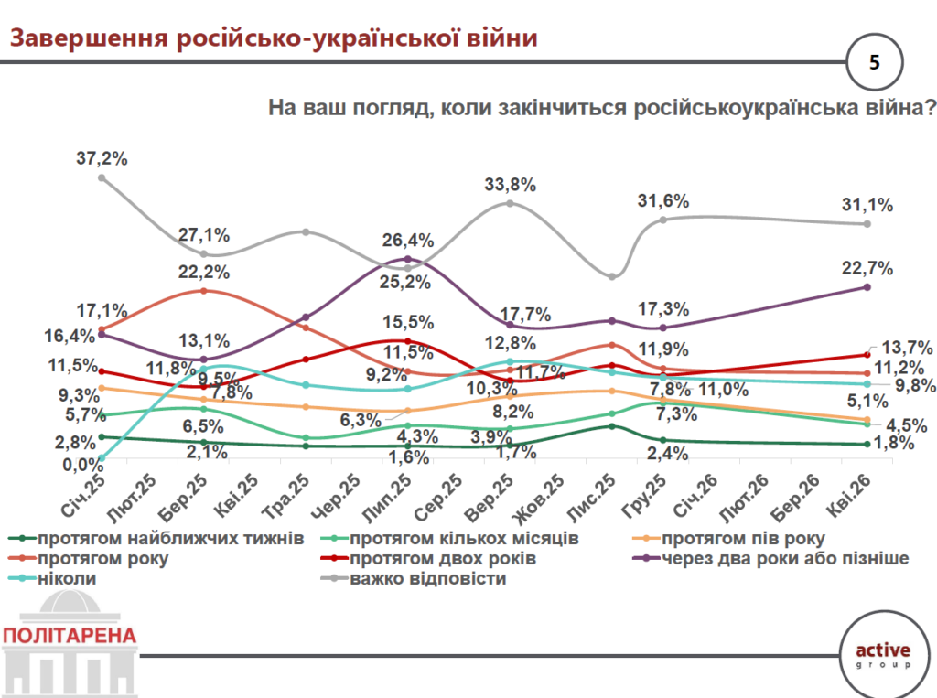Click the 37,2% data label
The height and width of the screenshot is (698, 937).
point(102,157)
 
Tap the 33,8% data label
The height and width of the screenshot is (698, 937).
point(510,185)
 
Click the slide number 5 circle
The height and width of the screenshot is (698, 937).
point(875,62)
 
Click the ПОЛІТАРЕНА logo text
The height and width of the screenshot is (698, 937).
point(70,636)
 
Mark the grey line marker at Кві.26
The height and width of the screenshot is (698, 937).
point(866,223)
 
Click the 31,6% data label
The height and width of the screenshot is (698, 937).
point(663,201)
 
